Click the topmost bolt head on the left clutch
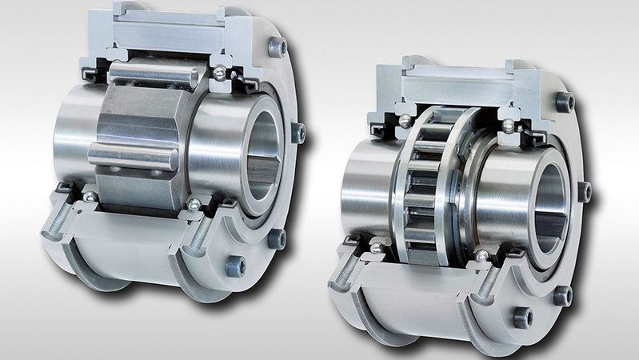click(x=277, y=47)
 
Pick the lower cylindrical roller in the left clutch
click(x=133, y=156)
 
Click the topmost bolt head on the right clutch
click(x=565, y=102)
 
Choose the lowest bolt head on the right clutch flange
click(x=523, y=317)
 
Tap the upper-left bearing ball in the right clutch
click(x=405, y=121)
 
